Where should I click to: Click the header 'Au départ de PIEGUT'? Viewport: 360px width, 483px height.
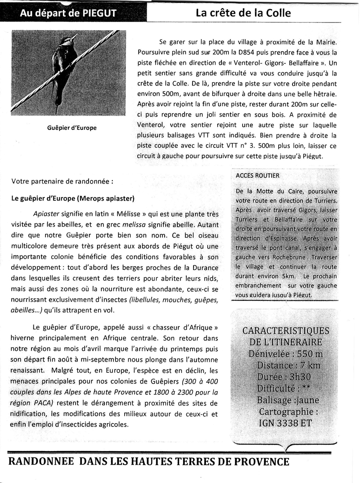[x=68, y=13]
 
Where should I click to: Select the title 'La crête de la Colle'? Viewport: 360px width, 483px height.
[x=243, y=13]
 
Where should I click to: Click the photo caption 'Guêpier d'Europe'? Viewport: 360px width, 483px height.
[x=72, y=128]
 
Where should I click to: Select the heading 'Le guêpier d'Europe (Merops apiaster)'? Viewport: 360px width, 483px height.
[x=73, y=198]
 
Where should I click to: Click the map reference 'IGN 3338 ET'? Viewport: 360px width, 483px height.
[x=285, y=423]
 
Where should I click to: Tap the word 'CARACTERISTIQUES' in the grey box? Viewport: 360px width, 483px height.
[x=285, y=331]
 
